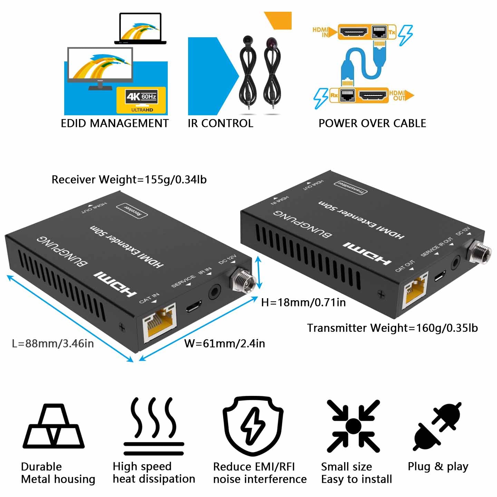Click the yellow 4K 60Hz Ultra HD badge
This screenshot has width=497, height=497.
141,100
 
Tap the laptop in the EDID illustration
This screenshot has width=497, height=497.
140,29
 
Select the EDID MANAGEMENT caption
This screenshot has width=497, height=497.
115,123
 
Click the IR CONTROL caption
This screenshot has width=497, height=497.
220,123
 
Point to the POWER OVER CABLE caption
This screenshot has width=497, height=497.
372,123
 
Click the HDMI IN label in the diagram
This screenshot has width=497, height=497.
321,32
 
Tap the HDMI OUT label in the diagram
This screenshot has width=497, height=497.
397,95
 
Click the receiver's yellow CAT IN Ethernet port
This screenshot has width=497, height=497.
160,322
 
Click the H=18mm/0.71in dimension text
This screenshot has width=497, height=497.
303,302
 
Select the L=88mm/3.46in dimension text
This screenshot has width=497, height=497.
53,343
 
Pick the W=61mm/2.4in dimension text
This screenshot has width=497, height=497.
225,343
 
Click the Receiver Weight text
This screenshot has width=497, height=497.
129,179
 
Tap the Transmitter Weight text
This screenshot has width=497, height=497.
392,328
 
